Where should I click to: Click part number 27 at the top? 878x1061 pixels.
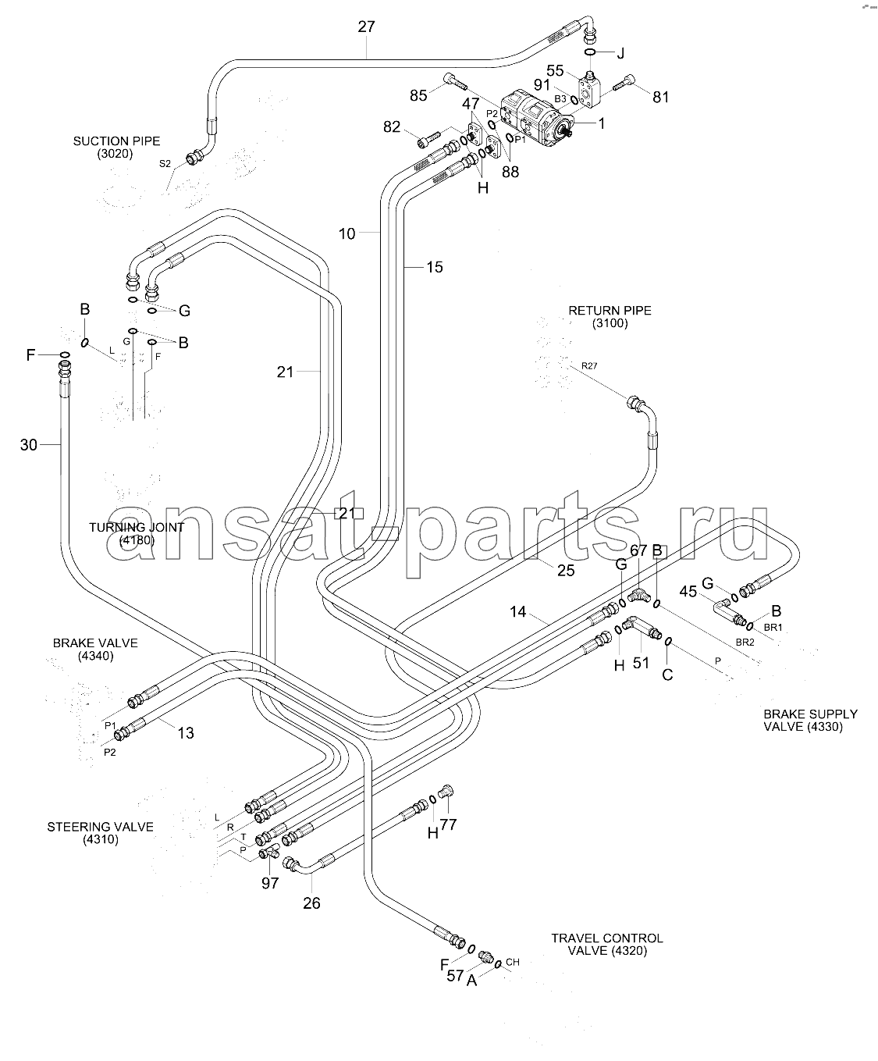(x=366, y=27)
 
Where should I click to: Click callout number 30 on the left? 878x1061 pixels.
(x=29, y=445)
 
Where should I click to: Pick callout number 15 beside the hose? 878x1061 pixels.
(x=434, y=267)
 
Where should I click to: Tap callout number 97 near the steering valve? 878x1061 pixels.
(x=270, y=883)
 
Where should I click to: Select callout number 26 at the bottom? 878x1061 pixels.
(x=311, y=903)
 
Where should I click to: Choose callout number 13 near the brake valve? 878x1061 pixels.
(x=185, y=733)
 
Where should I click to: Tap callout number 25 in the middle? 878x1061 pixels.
(x=565, y=570)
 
